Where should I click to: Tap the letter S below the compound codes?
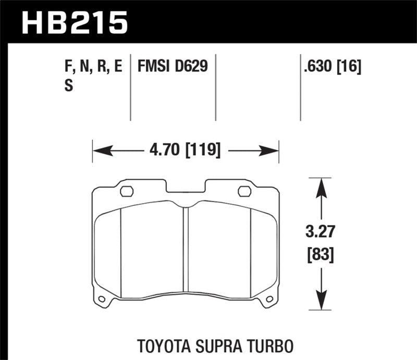coord(68,87)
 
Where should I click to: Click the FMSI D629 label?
coord(173,67)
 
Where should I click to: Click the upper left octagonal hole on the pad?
coord(127,191)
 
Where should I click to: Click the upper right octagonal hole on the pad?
coord(244,191)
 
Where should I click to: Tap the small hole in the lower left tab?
coord(102,299)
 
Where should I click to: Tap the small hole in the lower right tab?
coord(269,299)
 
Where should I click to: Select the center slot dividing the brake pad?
coord(186,247)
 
